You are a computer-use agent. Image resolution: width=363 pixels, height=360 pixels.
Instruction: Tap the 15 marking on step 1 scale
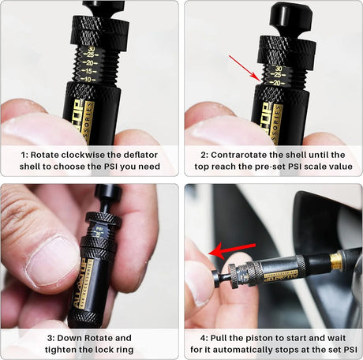(93, 69)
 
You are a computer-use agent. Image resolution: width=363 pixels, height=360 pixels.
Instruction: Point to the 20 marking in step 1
(93, 61)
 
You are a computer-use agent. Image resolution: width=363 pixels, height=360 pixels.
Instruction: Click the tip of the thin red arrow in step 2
(258, 80)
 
